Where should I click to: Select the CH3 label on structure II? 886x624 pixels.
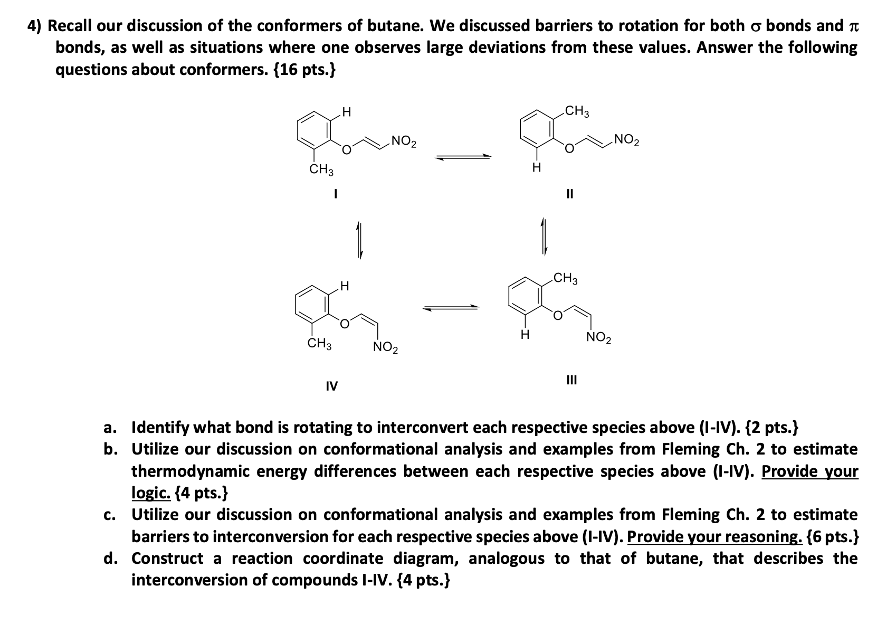tap(577, 112)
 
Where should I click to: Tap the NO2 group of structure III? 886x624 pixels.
tap(599, 338)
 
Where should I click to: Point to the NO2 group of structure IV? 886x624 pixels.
tap(386, 347)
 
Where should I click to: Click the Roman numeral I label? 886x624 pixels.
tap(334, 194)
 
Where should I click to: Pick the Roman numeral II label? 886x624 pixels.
tap(569, 194)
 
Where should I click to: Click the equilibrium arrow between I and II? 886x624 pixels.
tap(463, 156)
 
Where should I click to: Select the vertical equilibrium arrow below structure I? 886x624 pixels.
tap(359, 240)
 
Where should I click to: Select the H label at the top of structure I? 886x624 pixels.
tap(346, 112)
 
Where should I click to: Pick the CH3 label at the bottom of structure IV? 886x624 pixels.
tap(319, 345)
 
